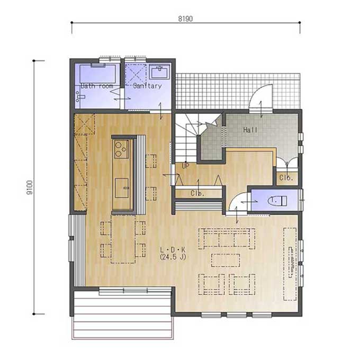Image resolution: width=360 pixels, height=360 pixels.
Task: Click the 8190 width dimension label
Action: click(x=185, y=19)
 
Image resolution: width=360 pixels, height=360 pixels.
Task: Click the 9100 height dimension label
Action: click(x=30, y=187)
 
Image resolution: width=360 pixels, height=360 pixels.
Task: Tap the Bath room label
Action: click(x=97, y=86)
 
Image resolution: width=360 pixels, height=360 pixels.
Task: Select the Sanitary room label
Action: click(x=147, y=86)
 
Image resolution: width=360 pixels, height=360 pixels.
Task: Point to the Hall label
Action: click(x=250, y=130)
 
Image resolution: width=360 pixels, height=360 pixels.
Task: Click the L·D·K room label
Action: click(x=173, y=249)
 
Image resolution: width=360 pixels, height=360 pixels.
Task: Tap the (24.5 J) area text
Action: click(x=173, y=257)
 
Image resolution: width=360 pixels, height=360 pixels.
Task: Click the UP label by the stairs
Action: click(x=186, y=166)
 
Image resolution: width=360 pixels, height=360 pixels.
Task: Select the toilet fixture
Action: click(x=277, y=201)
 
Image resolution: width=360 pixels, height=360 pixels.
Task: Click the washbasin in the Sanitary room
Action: click(x=159, y=71)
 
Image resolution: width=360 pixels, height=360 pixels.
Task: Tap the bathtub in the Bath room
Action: click(x=97, y=74)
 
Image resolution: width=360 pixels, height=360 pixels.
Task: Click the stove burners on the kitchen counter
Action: click(x=121, y=149)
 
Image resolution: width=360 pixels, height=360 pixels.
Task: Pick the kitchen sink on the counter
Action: click(x=122, y=188)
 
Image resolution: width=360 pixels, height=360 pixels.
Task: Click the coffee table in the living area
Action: click(x=226, y=260)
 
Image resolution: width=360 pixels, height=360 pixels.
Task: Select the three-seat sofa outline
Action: click(x=227, y=239)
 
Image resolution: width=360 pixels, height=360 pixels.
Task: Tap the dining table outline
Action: click(x=123, y=239)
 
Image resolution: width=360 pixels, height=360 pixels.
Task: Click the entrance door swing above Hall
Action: click(x=261, y=96)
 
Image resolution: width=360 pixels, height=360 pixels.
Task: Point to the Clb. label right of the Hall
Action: click(x=286, y=178)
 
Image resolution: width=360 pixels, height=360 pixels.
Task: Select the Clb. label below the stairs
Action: click(x=197, y=193)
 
